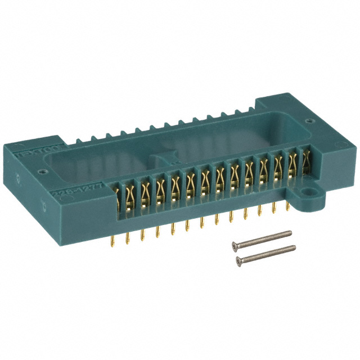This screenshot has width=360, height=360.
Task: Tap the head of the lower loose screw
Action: click(240, 259)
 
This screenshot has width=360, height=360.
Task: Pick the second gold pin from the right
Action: click(274, 210)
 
